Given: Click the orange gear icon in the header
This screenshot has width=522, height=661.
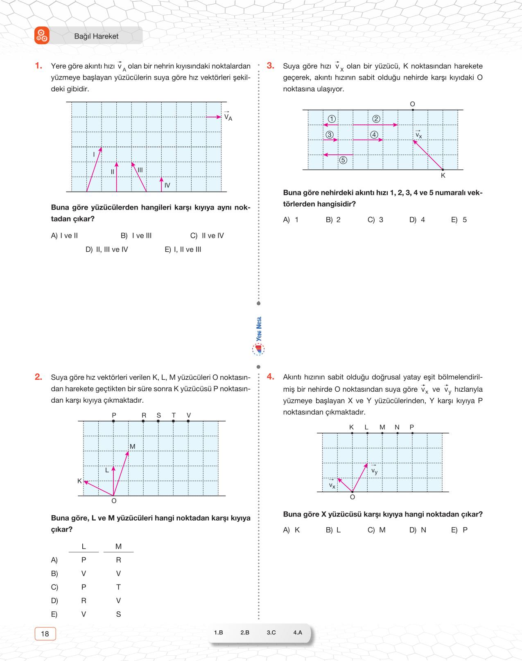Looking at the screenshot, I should click(42, 36).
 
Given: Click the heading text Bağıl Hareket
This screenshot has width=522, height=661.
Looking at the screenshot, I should click(96, 36).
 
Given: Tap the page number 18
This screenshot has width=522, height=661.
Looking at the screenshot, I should click(45, 634).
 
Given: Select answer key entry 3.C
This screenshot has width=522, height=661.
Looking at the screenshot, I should click(271, 632).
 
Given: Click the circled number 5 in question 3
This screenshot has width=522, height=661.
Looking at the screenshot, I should click(343, 160).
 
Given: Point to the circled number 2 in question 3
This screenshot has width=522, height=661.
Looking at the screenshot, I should click(376, 119).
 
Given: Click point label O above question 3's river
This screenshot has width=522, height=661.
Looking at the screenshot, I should click(412, 104).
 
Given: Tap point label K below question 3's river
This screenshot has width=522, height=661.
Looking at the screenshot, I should click(443, 176).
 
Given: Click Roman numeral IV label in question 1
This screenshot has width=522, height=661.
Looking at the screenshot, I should click(167, 185).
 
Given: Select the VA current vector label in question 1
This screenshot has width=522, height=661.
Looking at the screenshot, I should click(228, 117).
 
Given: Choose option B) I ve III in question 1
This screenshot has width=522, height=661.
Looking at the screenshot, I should click(136, 236).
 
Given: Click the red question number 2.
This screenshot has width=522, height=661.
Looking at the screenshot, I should click(38, 377).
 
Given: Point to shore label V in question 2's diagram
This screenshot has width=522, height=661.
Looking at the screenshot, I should click(188, 415).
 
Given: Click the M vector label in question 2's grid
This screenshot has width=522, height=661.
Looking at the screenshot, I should click(132, 447).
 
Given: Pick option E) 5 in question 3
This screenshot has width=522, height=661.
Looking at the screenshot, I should click(459, 220).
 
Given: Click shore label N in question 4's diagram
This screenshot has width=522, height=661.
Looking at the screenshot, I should click(397, 427).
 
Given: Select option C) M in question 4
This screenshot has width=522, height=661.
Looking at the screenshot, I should click(377, 530).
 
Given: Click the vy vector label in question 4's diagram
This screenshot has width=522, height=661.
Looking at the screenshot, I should click(374, 471).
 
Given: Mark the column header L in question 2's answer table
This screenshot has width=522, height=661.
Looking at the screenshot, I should click(84, 546).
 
